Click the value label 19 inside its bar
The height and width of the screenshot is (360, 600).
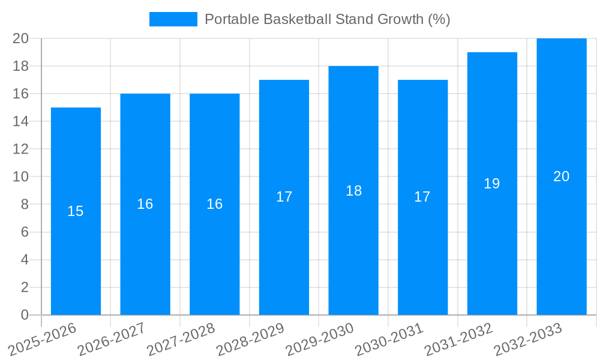pyautogui.click(x=492, y=184)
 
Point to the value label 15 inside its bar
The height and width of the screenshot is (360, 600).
pyautogui.click(x=76, y=211)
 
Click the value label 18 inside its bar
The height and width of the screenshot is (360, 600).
pyautogui.click(x=354, y=191)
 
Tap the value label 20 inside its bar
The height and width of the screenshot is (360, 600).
pyautogui.click(x=562, y=176)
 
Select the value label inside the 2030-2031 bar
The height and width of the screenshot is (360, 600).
pyautogui.click(x=422, y=197)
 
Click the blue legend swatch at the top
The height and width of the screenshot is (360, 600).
pyautogui.click(x=173, y=19)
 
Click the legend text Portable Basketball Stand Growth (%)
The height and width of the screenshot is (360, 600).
pyautogui.click(x=327, y=19)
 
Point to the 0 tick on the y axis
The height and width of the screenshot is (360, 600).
pyautogui.click(x=25, y=315)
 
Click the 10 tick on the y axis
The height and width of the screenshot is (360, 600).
pyautogui.click(x=21, y=176)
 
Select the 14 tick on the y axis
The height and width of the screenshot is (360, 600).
pyautogui.click(x=21, y=121)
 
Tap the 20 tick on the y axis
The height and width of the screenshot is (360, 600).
pyautogui.click(x=21, y=38)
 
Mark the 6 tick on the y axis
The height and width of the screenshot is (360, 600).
pyautogui.click(x=25, y=232)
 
